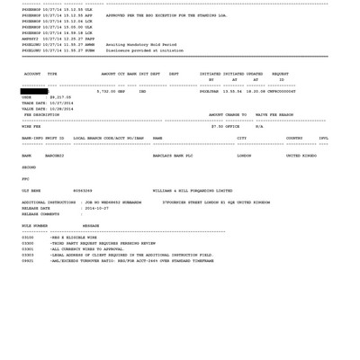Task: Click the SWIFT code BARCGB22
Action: (x=54, y=156)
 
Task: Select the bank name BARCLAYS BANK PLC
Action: (x=173, y=156)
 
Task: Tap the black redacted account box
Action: (x=34, y=91)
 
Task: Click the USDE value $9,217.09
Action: (x=59, y=97)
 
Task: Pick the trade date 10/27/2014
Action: (x=61, y=103)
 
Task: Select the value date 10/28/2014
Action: (x=61, y=109)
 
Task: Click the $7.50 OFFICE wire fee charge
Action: (x=225, y=127)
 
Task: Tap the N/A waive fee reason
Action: (x=259, y=127)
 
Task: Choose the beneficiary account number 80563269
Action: (x=83, y=191)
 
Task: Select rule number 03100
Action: (x=28, y=238)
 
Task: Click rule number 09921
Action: (x=28, y=261)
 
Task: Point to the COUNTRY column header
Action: (x=294, y=139)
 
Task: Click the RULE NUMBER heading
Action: (x=35, y=226)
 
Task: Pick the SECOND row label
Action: (x=29, y=167)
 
